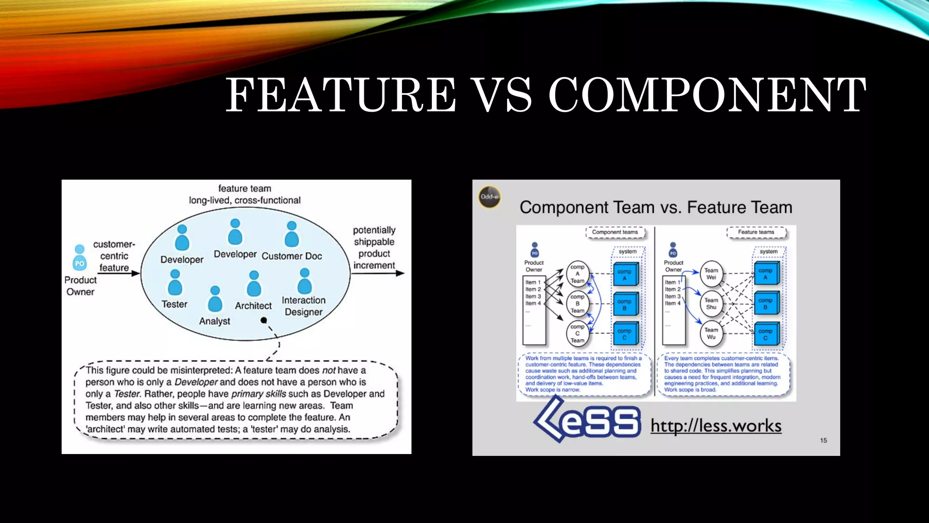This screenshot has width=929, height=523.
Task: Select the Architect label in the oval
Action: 253,306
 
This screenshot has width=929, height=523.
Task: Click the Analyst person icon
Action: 215,299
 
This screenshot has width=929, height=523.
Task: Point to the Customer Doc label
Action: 292,256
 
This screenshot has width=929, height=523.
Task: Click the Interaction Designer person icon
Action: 304,281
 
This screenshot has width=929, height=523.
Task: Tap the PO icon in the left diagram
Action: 79,258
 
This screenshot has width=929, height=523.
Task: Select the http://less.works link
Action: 716,426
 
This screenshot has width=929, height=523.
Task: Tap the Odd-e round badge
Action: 489,197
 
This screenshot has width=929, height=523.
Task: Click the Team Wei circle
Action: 711,274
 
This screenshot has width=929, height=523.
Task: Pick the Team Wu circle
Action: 711,334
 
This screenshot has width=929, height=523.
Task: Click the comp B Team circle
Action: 577,304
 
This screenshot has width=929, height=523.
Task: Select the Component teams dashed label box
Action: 615,232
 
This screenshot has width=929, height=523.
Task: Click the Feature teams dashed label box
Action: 756,232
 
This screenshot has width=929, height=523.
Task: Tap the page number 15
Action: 823,440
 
